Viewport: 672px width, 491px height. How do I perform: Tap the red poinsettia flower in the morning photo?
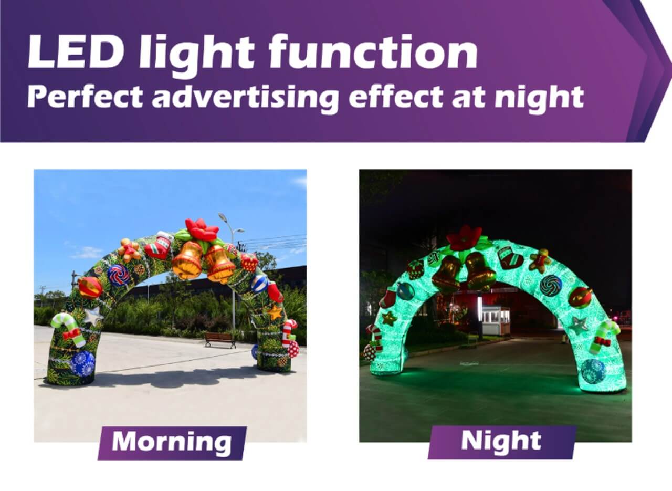click(x=202, y=229)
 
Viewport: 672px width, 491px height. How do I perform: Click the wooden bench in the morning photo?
click(x=220, y=340)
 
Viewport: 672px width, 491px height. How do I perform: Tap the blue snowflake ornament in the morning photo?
click(x=82, y=364)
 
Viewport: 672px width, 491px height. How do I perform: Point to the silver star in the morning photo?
click(x=93, y=316)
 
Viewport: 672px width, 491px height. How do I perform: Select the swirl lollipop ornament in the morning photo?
click(x=119, y=275)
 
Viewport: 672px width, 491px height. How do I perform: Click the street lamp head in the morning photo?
click(x=223, y=217)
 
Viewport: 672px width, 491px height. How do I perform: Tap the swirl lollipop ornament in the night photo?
click(x=551, y=286)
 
